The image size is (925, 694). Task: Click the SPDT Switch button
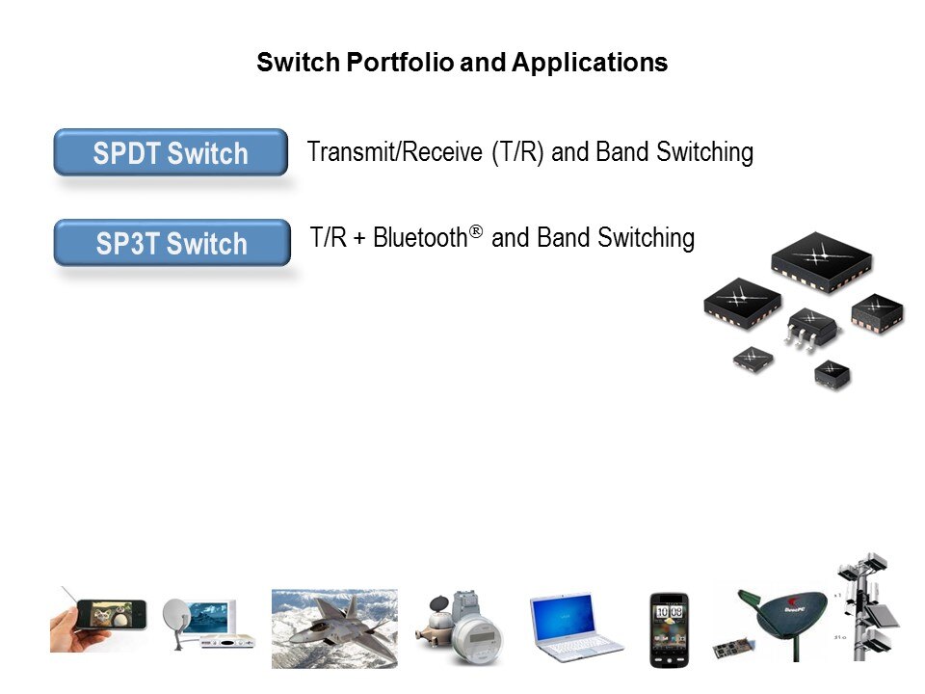(x=171, y=152)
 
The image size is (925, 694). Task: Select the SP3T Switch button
(x=172, y=243)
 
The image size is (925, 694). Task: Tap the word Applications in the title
(x=589, y=64)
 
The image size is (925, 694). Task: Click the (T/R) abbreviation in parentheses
(x=519, y=152)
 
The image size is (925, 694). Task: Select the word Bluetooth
(x=419, y=237)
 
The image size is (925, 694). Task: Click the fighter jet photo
(x=334, y=628)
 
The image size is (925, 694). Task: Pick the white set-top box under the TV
(x=226, y=640)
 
